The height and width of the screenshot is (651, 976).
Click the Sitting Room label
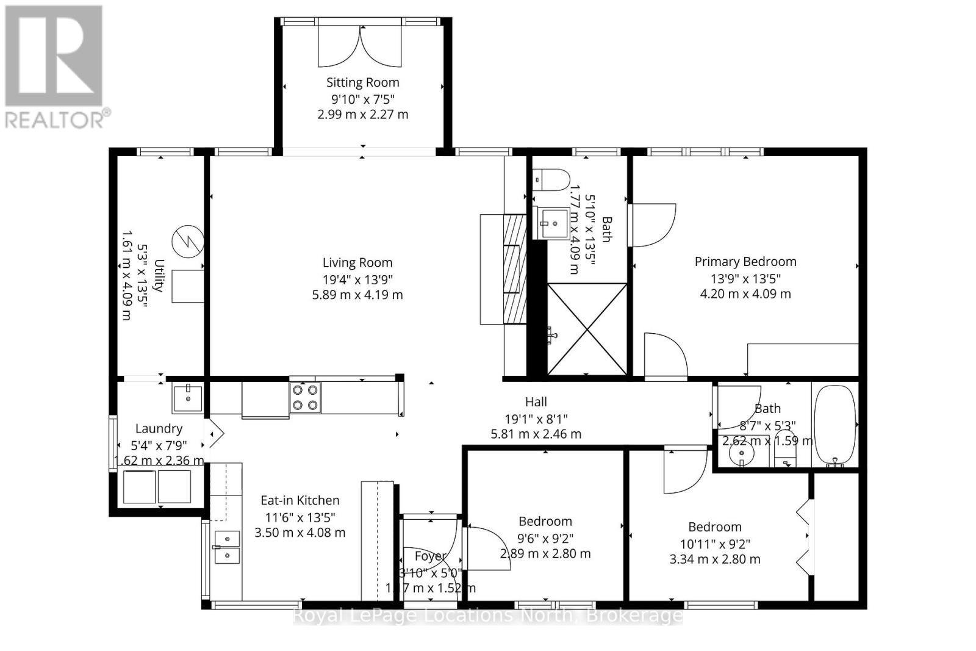(x=362, y=82)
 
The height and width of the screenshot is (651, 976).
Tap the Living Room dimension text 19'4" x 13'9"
(x=357, y=279)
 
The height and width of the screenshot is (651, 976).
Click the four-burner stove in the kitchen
(x=305, y=398)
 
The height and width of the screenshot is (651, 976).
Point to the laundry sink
(x=187, y=398)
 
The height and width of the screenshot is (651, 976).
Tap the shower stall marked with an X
(x=587, y=329)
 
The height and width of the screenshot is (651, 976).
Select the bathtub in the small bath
(x=834, y=425)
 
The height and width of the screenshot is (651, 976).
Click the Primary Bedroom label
(x=745, y=262)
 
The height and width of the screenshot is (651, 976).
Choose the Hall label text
(x=536, y=401)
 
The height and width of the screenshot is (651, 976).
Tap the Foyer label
(x=430, y=556)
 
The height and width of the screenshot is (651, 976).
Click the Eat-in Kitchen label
(x=300, y=500)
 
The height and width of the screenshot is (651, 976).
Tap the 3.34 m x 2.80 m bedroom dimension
(x=715, y=559)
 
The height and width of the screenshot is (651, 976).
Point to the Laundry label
(x=159, y=429)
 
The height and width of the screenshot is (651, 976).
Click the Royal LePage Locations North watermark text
(x=487, y=616)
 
